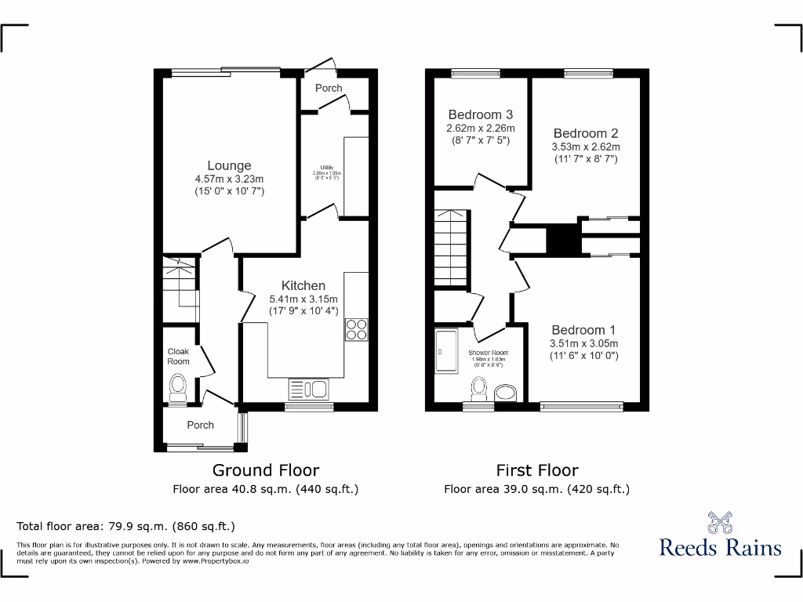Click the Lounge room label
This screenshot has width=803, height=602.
pos(229,165)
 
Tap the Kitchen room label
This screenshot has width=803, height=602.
pos(303,285)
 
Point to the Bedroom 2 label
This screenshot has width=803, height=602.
pos(586,133)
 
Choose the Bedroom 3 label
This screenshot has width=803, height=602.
pos(481,114)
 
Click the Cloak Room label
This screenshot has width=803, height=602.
pos(178,357)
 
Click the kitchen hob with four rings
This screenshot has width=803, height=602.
pos(355,330)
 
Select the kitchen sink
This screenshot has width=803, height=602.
pos(308,389)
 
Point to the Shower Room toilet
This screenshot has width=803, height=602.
pos(478,388)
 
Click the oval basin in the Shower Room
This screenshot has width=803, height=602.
pos(507,392)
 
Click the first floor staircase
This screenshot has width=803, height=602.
pos(451,248)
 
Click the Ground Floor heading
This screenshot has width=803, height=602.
pos(266,470)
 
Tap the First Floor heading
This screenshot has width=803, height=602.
pos(536,470)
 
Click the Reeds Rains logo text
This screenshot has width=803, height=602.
pos(720,546)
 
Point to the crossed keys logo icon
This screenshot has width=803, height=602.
pos(720,521)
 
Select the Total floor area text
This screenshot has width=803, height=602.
pos(126,526)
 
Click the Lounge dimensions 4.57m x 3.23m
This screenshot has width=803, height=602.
pos(229,179)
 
